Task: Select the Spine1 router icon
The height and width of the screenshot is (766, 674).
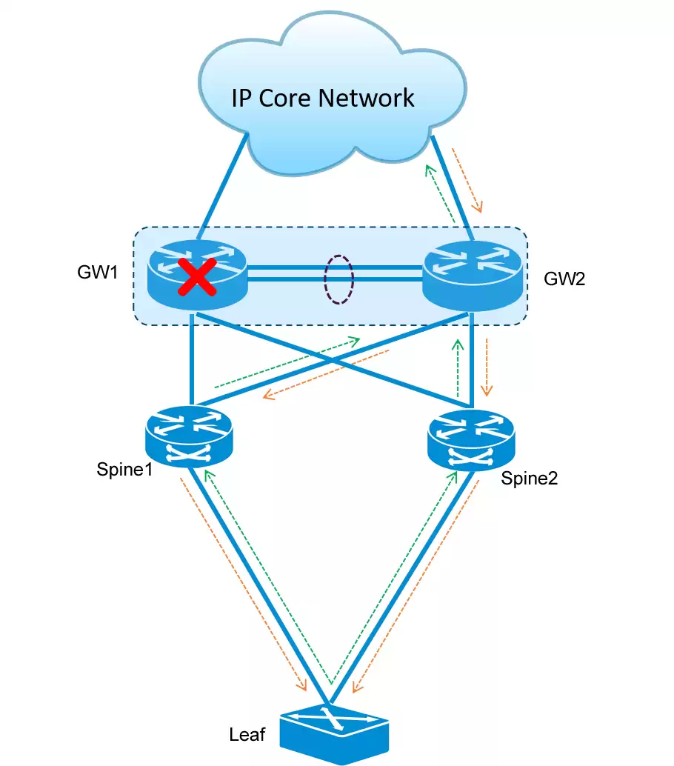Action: pos(190,436)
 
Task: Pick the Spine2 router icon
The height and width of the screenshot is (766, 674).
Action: pos(470,442)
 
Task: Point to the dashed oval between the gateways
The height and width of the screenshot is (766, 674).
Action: pos(338,279)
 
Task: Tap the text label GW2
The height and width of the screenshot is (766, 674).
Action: pos(564,280)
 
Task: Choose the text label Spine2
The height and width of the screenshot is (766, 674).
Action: pos(529,478)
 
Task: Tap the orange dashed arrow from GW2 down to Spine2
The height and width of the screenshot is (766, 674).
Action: pos(487,367)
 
